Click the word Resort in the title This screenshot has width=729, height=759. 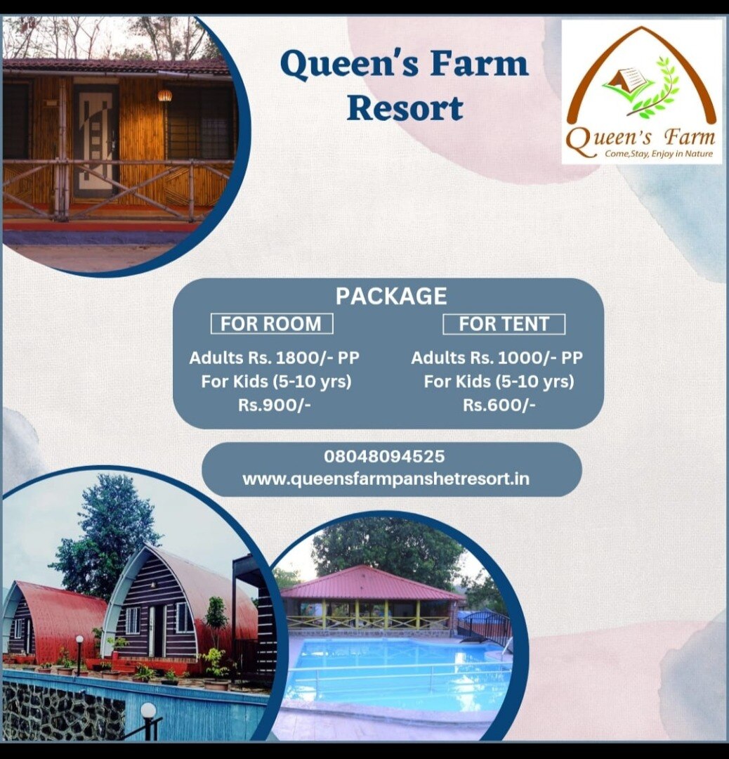[x=405, y=108]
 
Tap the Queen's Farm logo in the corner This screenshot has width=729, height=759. [x=641, y=92]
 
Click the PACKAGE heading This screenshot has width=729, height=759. [x=391, y=296]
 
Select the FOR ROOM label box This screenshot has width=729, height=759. [x=271, y=323]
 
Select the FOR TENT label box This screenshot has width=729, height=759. [x=504, y=324]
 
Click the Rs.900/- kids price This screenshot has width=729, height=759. [x=275, y=405]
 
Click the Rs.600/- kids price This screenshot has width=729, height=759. [x=499, y=405]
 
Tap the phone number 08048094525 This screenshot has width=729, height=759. [x=384, y=456]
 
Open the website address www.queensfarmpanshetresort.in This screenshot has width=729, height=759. [x=386, y=479]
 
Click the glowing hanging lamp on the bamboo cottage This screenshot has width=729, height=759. [x=164, y=96]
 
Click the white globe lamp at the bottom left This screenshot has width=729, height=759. [x=148, y=711]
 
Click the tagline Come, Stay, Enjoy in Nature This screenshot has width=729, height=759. [x=658, y=154]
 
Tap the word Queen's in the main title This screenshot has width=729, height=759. [x=349, y=65]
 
